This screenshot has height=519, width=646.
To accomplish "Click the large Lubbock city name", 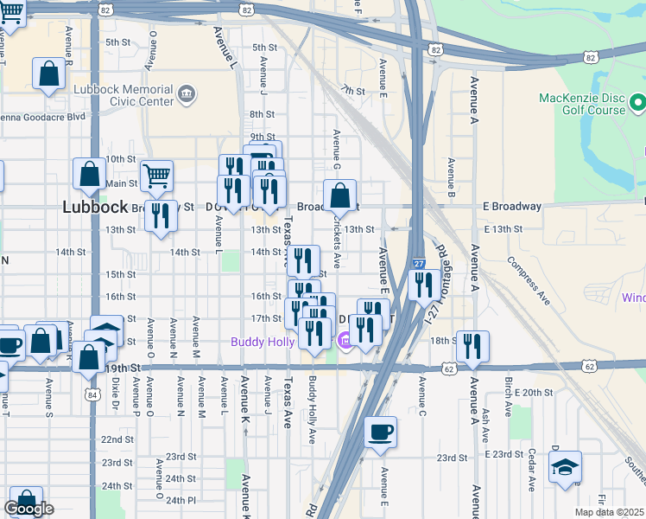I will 96,208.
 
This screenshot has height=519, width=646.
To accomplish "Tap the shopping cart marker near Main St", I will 156,177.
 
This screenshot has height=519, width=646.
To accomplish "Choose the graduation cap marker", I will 566,468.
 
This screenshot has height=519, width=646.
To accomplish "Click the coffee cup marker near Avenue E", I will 381,432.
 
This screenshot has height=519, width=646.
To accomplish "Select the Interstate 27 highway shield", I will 418,263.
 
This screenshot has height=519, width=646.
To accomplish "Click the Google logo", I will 28,509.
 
